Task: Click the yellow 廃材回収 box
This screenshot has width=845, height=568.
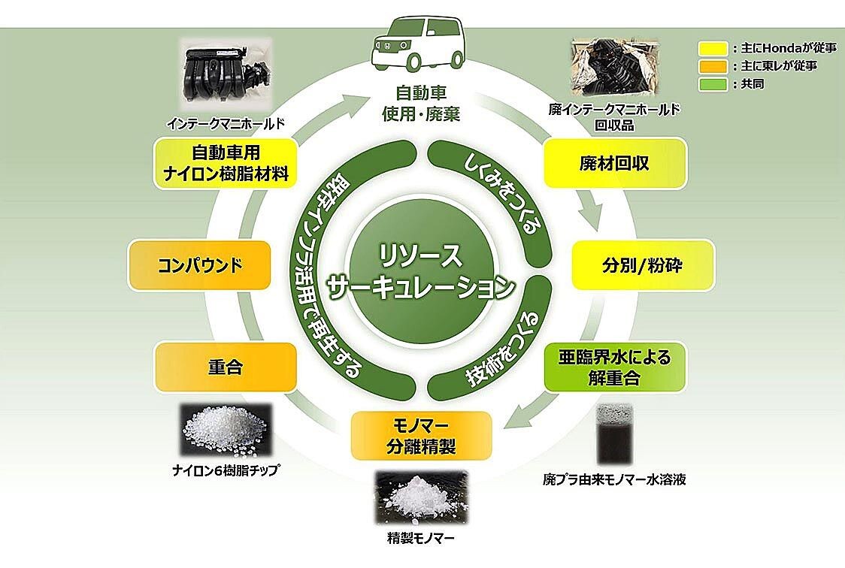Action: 614,163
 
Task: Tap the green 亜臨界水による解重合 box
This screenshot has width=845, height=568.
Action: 614,367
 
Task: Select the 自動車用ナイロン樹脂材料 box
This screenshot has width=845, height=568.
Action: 226,163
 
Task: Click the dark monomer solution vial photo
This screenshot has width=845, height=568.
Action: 614,435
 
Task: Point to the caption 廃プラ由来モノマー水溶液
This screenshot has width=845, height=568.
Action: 614,479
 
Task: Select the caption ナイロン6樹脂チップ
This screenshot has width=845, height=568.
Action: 226,471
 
